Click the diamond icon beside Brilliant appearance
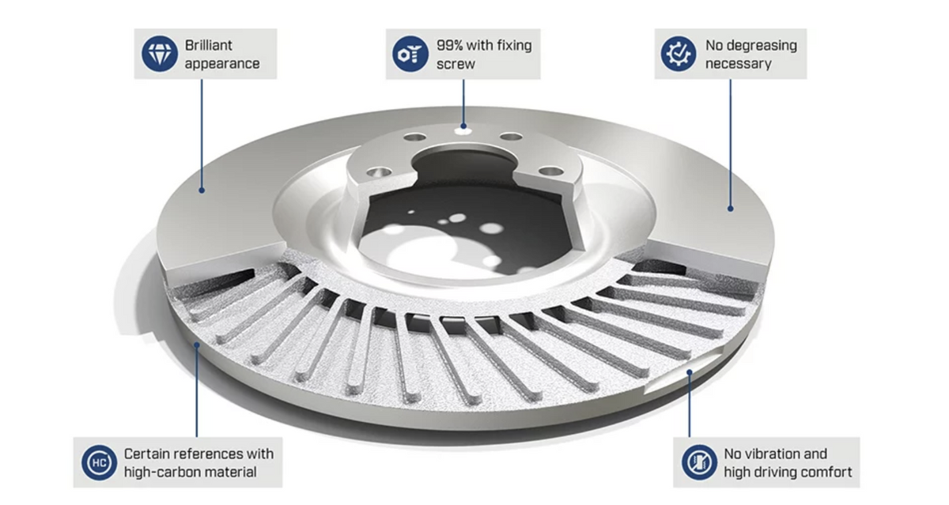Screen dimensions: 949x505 [159, 54]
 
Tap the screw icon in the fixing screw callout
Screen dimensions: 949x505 [410, 54]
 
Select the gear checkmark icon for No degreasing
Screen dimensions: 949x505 [679, 54]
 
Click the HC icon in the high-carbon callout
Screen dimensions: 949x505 [99, 462]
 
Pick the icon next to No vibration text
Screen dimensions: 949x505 [699, 462]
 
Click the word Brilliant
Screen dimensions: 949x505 [209, 45]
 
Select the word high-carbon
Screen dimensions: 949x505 [158, 472]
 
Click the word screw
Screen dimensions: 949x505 [456, 64]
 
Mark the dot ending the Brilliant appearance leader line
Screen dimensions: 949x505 [202, 190]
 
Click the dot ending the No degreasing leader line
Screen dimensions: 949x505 [731, 209]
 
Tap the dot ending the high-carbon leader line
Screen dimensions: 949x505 [197, 345]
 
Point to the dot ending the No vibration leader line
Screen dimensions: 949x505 [690, 372]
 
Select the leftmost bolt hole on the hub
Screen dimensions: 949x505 [379, 172]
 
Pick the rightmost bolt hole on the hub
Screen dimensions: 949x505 [551, 171]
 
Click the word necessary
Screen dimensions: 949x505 [738, 64]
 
